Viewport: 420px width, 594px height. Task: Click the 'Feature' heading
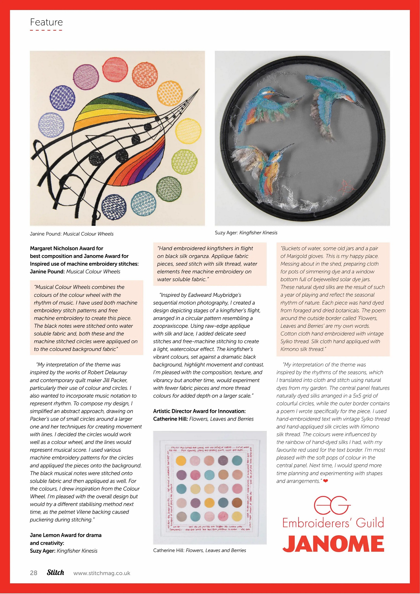pos(46,22)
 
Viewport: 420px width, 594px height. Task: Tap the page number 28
pos(34,573)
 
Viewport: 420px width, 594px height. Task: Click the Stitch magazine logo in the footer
pos(56,572)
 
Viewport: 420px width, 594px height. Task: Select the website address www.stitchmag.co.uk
pos(102,573)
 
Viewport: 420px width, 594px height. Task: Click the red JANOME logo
pos(333,543)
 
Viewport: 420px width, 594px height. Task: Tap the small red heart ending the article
pos(325,481)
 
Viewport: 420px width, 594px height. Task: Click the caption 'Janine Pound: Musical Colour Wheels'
pos(72,234)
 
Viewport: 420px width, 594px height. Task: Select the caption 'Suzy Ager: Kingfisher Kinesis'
pos(246,233)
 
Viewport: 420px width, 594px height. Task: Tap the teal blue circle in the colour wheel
pos(143,203)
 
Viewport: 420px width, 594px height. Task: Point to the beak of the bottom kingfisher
pos(287,148)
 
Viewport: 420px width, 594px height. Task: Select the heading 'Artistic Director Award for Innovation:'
pos(199,411)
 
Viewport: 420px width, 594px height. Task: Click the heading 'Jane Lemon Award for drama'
pos(66,535)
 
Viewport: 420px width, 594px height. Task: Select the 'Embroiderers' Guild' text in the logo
pos(333,523)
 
